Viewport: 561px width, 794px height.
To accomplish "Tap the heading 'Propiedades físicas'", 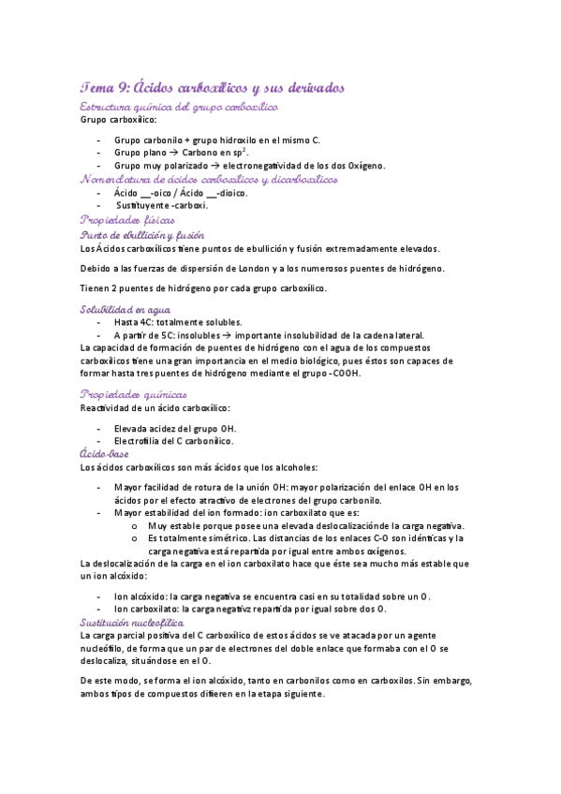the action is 127,219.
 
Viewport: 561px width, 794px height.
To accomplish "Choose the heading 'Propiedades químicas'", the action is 134,394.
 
